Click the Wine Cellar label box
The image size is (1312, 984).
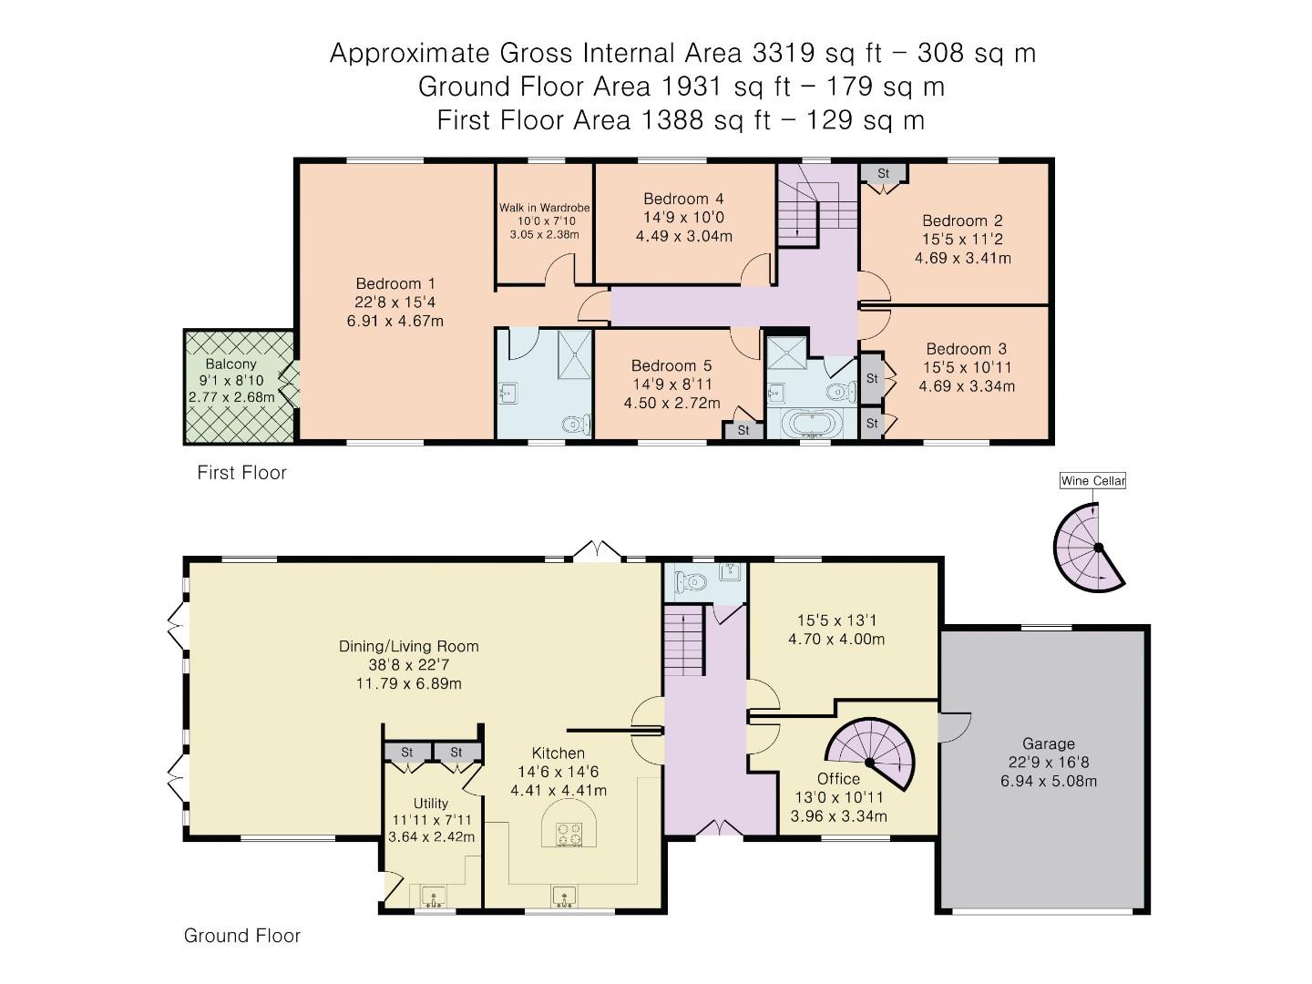pos(1092,481)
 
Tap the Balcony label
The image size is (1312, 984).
pos(231,364)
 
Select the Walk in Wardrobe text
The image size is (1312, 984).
pos(544,208)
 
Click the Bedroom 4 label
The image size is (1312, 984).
pos(683,199)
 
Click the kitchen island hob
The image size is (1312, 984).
pos(569,834)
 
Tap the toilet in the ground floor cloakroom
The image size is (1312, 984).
pos(690,580)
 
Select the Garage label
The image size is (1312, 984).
pos(1048,743)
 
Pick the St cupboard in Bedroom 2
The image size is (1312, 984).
pos(884,174)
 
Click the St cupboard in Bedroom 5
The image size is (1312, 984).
pos(743,430)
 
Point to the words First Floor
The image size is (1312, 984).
pos(241,473)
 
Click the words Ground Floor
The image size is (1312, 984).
pos(241,935)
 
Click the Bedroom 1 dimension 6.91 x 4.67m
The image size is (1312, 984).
pos(395,321)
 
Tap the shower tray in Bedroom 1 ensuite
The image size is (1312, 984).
pos(574,354)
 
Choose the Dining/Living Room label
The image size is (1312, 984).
pos(409,646)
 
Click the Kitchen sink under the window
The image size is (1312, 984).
pos(564,897)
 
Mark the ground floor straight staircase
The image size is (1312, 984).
pos(684,640)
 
